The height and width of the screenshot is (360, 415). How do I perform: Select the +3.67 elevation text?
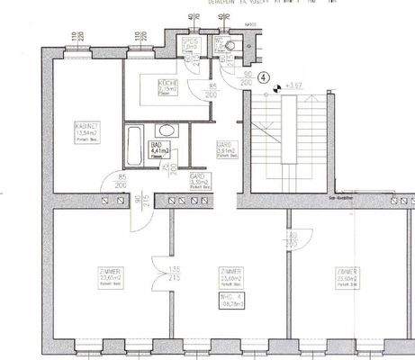pos(293,85)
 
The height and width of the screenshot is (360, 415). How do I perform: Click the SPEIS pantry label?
pos(189,43)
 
